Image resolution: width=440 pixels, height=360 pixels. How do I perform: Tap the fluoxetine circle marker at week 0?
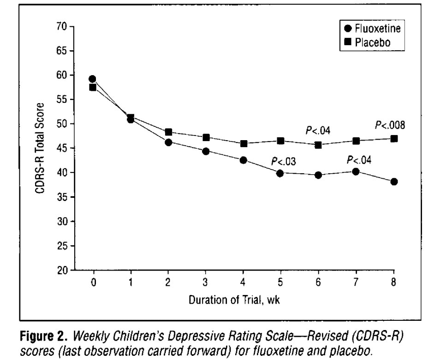[x=93, y=79]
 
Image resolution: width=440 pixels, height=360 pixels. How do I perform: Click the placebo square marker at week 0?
[x=93, y=87]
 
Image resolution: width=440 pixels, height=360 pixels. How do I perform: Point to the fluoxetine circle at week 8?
[x=394, y=182]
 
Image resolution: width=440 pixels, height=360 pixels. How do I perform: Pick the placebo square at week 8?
[x=394, y=138]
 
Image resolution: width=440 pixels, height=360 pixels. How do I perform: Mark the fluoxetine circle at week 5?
[x=280, y=173]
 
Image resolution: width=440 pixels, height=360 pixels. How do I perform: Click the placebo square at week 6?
[x=318, y=145]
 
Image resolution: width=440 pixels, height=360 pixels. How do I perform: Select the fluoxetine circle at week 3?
[x=206, y=151]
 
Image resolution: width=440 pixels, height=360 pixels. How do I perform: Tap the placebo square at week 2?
[x=168, y=132]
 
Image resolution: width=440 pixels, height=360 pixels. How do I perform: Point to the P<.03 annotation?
[x=284, y=161]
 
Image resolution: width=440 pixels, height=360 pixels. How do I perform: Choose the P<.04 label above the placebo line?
[x=318, y=130]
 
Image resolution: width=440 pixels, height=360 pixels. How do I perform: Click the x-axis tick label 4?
[x=243, y=283]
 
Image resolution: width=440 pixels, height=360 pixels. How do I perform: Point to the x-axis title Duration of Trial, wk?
[x=234, y=300]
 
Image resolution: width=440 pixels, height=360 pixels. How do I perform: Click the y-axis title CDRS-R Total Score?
[x=41, y=148]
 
